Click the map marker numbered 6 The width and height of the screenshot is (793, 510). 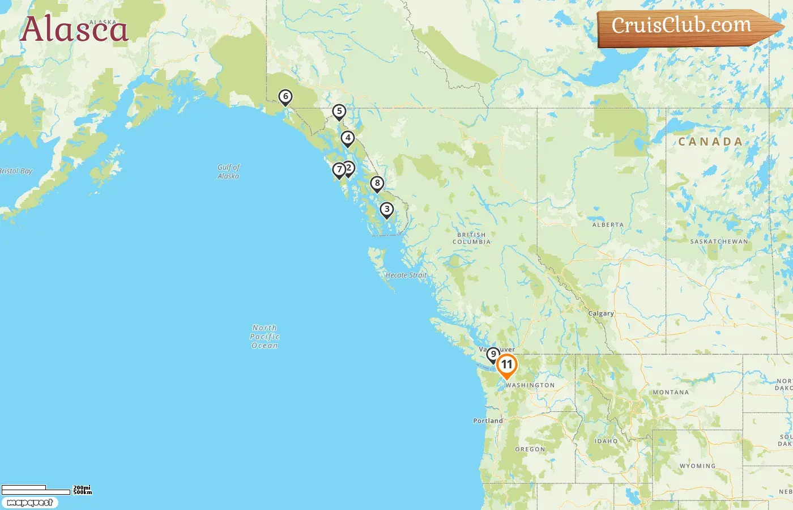point(285,97)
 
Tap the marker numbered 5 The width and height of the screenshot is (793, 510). point(339,112)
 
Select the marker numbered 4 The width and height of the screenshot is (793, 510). point(347,138)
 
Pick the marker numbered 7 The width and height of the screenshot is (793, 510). point(338,169)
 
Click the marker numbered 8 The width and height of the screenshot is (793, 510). point(377,184)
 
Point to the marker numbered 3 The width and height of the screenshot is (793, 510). point(386,210)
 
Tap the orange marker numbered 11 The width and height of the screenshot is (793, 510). point(506,365)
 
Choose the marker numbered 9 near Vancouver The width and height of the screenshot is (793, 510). point(493,355)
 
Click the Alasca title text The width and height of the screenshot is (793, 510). point(74,29)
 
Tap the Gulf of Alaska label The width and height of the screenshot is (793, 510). point(228,172)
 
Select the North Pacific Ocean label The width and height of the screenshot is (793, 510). point(265,337)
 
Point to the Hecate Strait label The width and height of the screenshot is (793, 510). point(406,275)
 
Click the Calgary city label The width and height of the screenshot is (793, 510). point(600,313)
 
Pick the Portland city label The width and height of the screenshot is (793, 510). point(488,421)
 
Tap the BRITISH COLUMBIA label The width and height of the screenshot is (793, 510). point(471,239)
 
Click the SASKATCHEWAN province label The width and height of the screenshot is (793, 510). point(719,242)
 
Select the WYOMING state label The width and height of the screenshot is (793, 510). point(697,466)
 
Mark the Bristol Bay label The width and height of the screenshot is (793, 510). point(16,171)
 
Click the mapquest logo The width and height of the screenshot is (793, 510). point(29,503)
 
